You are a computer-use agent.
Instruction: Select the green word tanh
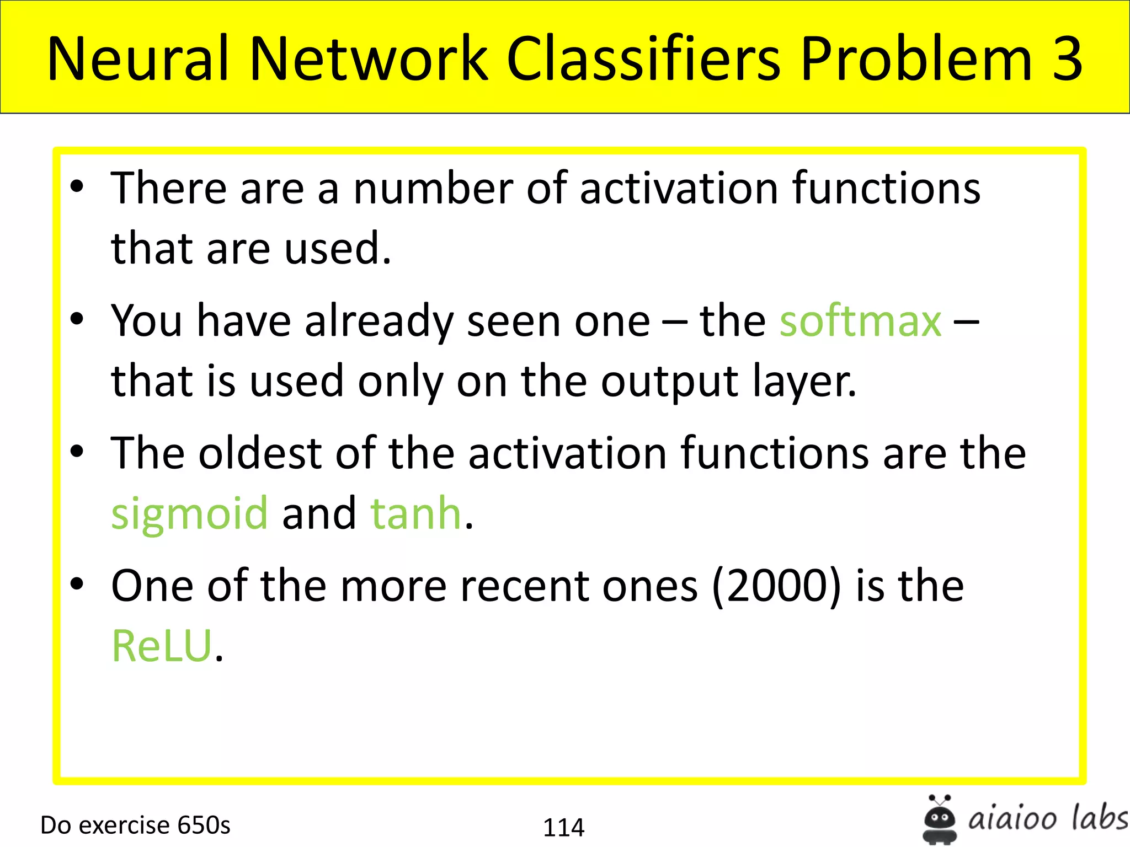coord(415,513)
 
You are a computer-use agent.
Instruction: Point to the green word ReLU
coord(162,646)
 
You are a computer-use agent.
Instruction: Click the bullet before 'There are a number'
coord(77,186)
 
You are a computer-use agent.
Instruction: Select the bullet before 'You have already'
coord(77,319)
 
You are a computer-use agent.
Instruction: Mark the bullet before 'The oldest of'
coord(77,451)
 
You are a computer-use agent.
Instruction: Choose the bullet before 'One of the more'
coord(77,583)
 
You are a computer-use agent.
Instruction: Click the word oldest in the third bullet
coord(260,453)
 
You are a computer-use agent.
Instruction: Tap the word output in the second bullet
coord(669,382)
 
